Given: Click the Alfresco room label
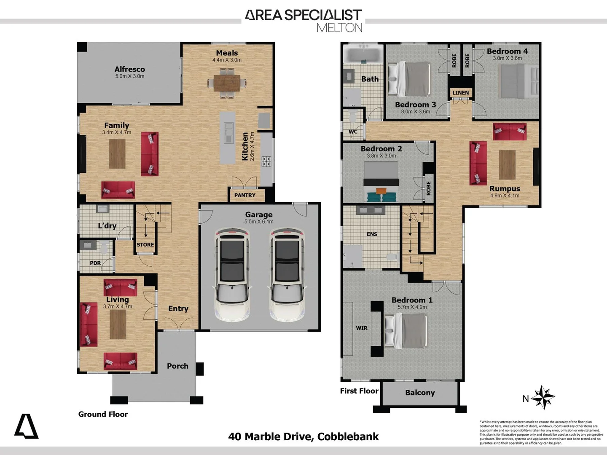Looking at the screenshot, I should click(130, 69).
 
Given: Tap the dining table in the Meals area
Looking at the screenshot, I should click(227, 83).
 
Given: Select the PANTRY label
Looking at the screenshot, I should click(245, 195).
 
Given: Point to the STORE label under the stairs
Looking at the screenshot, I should click(145, 244).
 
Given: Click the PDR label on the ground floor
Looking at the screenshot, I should click(95, 263).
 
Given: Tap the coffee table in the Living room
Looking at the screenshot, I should click(118, 324).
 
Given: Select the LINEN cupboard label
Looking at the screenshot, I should click(460, 93).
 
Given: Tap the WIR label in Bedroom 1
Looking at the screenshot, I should click(362, 328).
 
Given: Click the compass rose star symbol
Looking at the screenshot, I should click(543, 397).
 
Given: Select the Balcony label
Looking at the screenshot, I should click(420, 393).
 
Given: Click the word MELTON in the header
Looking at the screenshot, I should click(339, 28).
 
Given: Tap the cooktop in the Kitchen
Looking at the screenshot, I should click(266, 161).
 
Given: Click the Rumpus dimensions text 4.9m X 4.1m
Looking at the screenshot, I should click(505, 195).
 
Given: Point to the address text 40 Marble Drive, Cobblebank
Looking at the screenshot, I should click(303, 436).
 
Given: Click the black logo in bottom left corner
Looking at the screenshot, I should click(26, 426).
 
